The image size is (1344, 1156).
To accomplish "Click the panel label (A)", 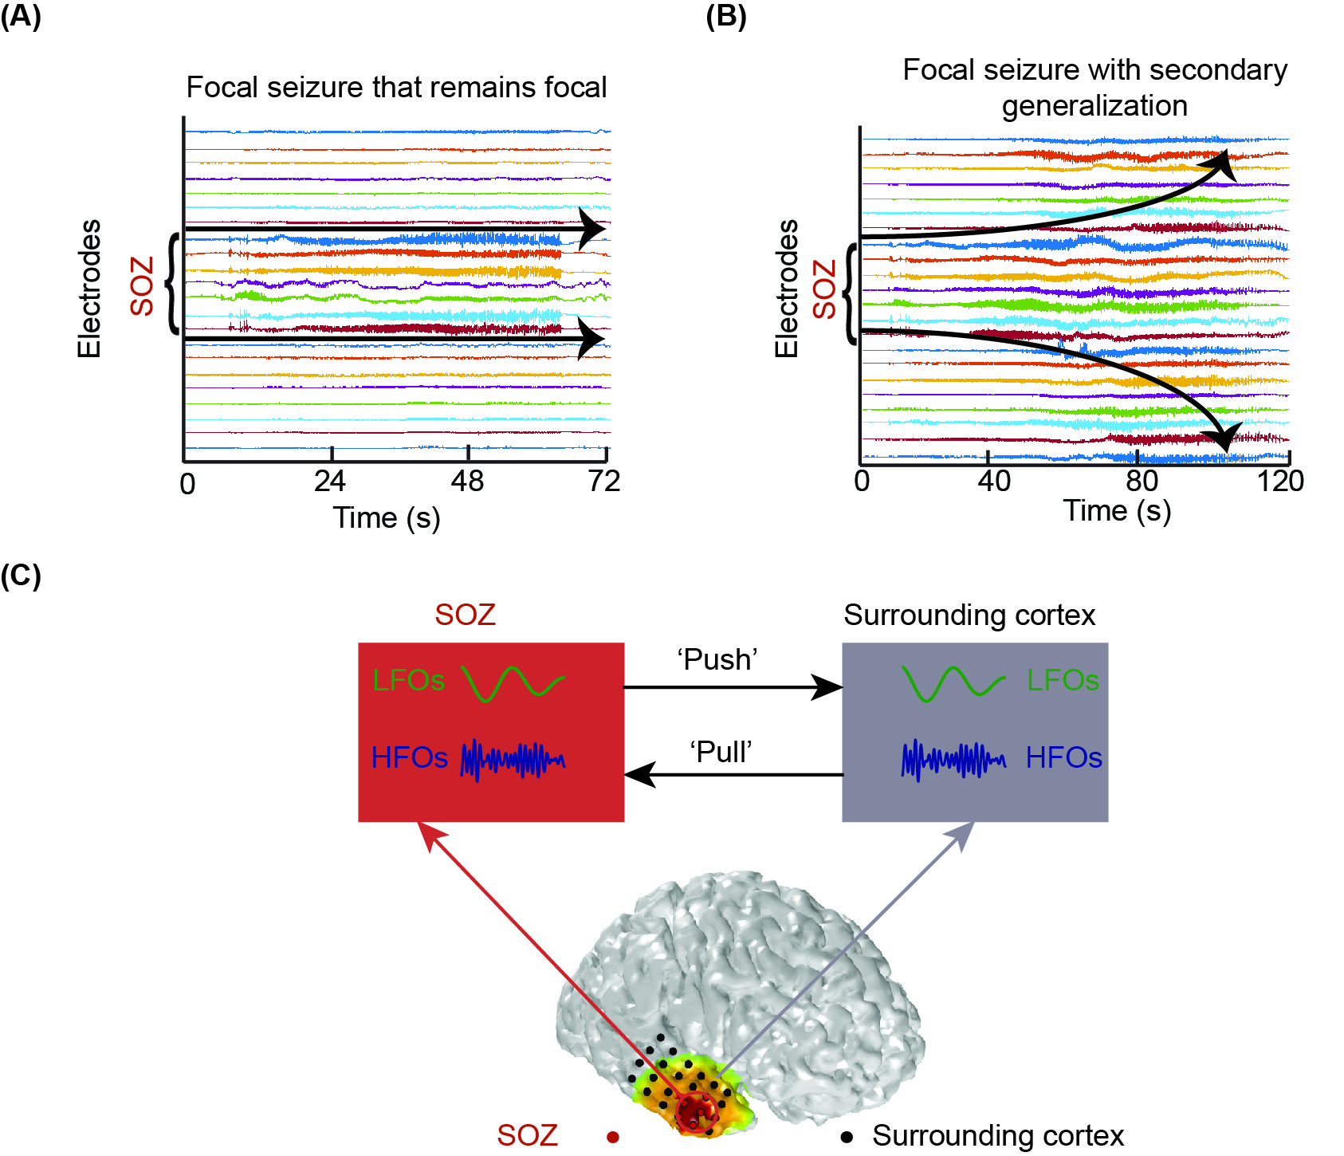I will pyautogui.click(x=21, y=16).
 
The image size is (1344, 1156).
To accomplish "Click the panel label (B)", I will pyautogui.click(x=726, y=16).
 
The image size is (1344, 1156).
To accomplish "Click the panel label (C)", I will pyautogui.click(x=21, y=575).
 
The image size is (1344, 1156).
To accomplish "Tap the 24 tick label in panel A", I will pyautogui.click(x=330, y=481).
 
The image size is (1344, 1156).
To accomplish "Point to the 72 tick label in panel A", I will pyautogui.click(x=604, y=481).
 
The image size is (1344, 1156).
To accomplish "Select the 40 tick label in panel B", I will pyautogui.click(x=994, y=481).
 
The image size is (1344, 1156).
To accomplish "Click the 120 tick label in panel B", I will pyautogui.click(x=1280, y=481).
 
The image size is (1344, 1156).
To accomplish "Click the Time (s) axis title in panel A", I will pyautogui.click(x=387, y=518).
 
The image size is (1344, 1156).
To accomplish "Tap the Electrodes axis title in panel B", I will pyautogui.click(x=787, y=289).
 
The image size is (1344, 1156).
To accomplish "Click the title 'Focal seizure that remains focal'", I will pyautogui.click(x=396, y=87).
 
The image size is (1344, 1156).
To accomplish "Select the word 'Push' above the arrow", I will pyautogui.click(x=717, y=660).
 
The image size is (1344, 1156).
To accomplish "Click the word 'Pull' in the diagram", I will pyautogui.click(x=721, y=752).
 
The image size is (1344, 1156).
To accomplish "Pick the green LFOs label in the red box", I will pyautogui.click(x=408, y=680).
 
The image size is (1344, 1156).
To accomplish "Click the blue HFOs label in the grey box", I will pyautogui.click(x=1063, y=757).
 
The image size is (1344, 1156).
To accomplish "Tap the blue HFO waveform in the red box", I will pyautogui.click(x=513, y=760).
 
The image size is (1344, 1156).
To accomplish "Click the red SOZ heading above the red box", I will pyautogui.click(x=465, y=615).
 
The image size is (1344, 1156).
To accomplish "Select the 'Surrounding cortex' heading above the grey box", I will pyautogui.click(x=969, y=615).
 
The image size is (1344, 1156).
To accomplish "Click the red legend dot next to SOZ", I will pyautogui.click(x=612, y=1137).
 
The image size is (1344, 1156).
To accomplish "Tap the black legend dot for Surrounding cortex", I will pyautogui.click(x=847, y=1137).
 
